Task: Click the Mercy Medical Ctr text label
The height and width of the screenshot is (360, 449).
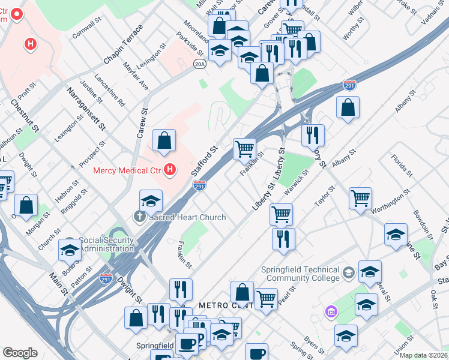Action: point(127,170)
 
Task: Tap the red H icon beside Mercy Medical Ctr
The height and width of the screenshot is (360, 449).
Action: point(170,170)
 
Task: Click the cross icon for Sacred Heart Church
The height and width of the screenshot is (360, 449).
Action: point(140,217)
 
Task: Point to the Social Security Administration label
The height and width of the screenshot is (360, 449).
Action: point(106,244)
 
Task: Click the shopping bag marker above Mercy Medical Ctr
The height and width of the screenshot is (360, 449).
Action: point(164,142)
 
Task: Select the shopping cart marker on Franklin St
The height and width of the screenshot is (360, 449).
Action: point(244,148)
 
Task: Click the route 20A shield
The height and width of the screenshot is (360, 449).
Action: point(200,64)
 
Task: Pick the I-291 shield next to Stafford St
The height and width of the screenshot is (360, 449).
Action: point(200,187)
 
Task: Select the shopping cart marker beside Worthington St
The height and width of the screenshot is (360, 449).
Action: point(360,198)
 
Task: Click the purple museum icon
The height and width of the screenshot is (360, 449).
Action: point(330,311)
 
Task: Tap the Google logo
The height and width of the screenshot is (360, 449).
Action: point(20,353)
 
